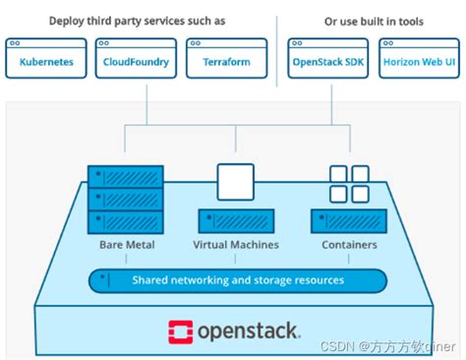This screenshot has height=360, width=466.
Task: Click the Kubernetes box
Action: [45, 60]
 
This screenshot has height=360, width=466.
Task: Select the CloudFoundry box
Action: [136, 60]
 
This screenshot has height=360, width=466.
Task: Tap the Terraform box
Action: [225, 60]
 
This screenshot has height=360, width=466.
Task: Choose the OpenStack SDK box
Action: [327, 60]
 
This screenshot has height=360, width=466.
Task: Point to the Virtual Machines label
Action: [235, 245]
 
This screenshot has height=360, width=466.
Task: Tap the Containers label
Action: [350, 245]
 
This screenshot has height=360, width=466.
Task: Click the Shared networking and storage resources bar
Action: [237, 280]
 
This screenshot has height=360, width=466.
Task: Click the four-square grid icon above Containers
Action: [350, 184]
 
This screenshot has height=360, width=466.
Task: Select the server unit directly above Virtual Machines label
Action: [235, 221]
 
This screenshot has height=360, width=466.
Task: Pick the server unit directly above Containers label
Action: [350, 221]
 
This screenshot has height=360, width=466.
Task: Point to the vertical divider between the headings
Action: [278, 44]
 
